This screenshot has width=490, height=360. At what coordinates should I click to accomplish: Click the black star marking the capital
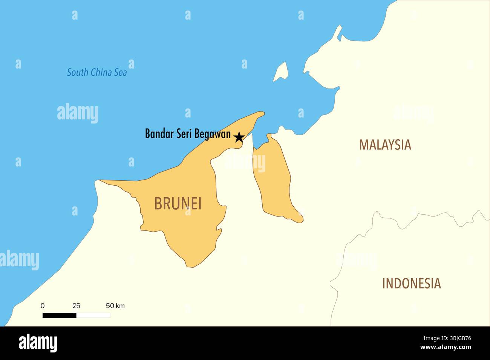tap(239, 137)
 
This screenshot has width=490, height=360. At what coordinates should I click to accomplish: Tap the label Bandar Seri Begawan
tap(188, 134)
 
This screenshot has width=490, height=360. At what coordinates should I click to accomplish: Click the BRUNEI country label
tap(178, 204)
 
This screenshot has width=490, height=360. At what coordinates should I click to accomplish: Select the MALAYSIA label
tap(385, 145)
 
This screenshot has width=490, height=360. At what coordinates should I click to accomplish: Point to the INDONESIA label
tap(411, 284)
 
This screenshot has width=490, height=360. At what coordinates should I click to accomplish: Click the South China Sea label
tap(97, 72)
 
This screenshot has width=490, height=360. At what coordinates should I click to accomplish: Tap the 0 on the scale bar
tap(43, 306)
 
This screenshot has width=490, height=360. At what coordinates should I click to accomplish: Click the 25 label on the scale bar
tap(76, 306)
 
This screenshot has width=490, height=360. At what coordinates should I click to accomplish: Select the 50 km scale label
tap(115, 306)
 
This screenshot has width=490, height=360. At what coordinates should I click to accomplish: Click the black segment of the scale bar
tap(59, 315)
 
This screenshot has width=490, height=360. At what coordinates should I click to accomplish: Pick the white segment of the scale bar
tap(93, 315)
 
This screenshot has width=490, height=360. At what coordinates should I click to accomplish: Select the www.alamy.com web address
tap(446, 347)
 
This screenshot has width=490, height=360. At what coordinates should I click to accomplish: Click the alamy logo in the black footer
tap(38, 343)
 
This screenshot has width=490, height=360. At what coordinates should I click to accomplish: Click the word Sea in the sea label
tap(121, 72)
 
